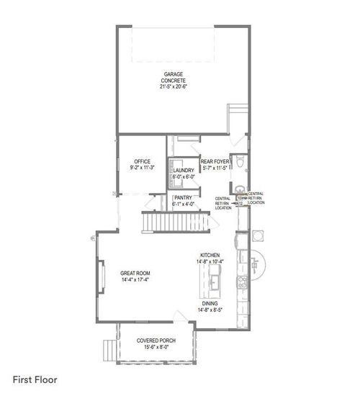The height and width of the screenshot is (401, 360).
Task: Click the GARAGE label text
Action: [173, 74]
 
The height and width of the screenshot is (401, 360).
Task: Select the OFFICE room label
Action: [142, 161]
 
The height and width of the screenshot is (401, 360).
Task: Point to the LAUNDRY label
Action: [184, 170]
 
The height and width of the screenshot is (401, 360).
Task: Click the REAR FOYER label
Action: [215, 161]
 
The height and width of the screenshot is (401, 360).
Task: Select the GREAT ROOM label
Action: [135, 272]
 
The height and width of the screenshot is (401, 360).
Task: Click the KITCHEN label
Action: [210, 255]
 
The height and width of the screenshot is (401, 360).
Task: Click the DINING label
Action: [210, 304]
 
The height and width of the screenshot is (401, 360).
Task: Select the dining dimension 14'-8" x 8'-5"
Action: [210, 310]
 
